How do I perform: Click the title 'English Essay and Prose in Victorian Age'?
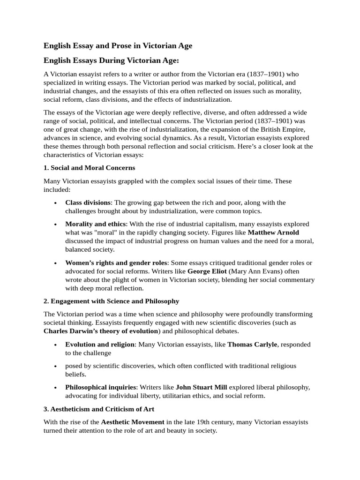[118, 45]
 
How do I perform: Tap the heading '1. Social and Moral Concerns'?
[89, 167]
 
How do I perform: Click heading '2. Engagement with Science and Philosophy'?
[111, 301]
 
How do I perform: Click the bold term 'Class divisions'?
[88, 202]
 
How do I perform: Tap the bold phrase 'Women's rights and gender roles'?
[116, 262]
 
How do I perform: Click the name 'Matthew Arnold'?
[273, 232]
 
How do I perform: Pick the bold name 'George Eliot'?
[207, 271]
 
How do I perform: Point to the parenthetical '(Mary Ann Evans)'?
[254, 271]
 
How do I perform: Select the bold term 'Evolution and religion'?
[100, 345]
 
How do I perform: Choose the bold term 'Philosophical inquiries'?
[100, 387]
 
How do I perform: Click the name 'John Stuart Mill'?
[201, 387]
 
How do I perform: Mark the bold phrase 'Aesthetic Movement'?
[133, 422]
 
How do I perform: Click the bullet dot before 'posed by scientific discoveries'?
[56, 366]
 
